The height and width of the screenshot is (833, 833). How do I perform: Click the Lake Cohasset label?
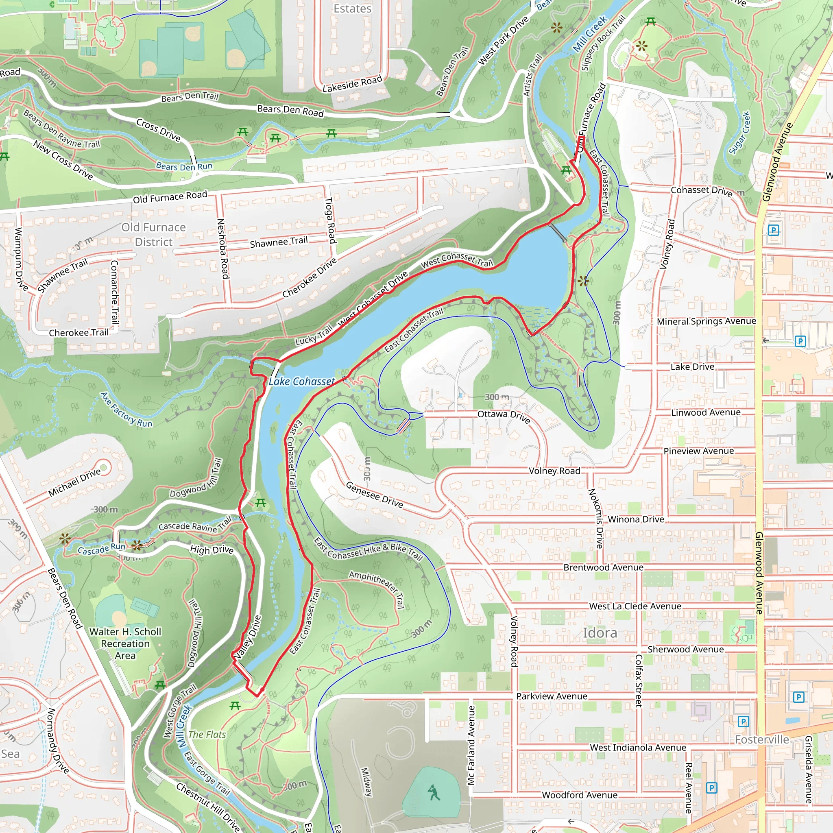click(x=301, y=382)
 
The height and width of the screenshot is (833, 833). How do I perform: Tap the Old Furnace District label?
click(x=153, y=235)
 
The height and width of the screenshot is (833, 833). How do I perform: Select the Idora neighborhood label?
click(x=600, y=633)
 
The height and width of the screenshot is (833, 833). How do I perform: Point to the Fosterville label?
click(x=762, y=739)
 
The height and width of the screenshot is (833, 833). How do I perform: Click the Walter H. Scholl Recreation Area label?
click(x=125, y=643)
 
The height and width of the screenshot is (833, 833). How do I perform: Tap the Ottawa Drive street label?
click(x=504, y=416)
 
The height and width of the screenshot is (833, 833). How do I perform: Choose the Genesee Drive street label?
click(x=374, y=495)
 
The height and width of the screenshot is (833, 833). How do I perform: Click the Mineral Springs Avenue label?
click(x=706, y=321)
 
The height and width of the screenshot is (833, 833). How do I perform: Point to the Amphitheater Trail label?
click(x=377, y=589)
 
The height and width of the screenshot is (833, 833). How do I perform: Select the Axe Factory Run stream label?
click(x=126, y=410)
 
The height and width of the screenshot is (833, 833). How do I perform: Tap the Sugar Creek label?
click(x=740, y=133)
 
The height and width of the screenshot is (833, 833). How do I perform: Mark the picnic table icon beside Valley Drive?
click(x=260, y=503)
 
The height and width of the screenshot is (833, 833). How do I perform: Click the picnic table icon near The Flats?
click(x=235, y=706)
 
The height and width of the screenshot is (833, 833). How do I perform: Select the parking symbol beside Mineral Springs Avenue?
click(x=800, y=341)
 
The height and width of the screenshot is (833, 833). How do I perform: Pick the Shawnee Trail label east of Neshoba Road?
click(x=279, y=242)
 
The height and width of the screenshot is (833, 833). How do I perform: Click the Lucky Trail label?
click(x=314, y=335)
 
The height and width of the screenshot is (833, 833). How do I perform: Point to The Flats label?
click(x=207, y=735)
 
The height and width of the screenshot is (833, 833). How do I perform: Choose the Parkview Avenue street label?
click(x=552, y=696)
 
